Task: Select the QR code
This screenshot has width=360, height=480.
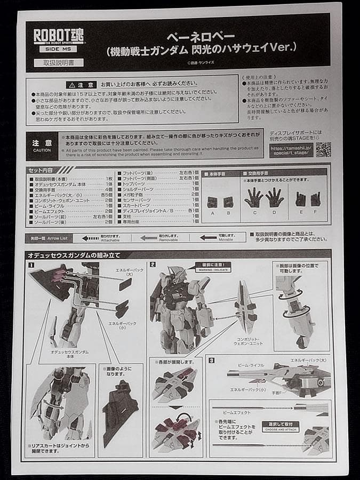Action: pyautogui.click(x=323, y=149)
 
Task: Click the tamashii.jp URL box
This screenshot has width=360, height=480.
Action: pyautogui.click(x=291, y=150)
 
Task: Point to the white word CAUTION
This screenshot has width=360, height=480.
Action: pyautogui.click(x=42, y=150)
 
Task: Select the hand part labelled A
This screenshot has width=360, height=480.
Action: pyautogui.click(x=212, y=202)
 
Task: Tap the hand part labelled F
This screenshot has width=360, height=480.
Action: pyautogui.click(x=316, y=199)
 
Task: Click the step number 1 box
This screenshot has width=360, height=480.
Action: pyautogui.click(x=31, y=265)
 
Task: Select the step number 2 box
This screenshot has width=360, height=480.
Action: pyautogui.click(x=153, y=265)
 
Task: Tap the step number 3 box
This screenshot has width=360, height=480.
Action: pyautogui.click(x=212, y=361)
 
